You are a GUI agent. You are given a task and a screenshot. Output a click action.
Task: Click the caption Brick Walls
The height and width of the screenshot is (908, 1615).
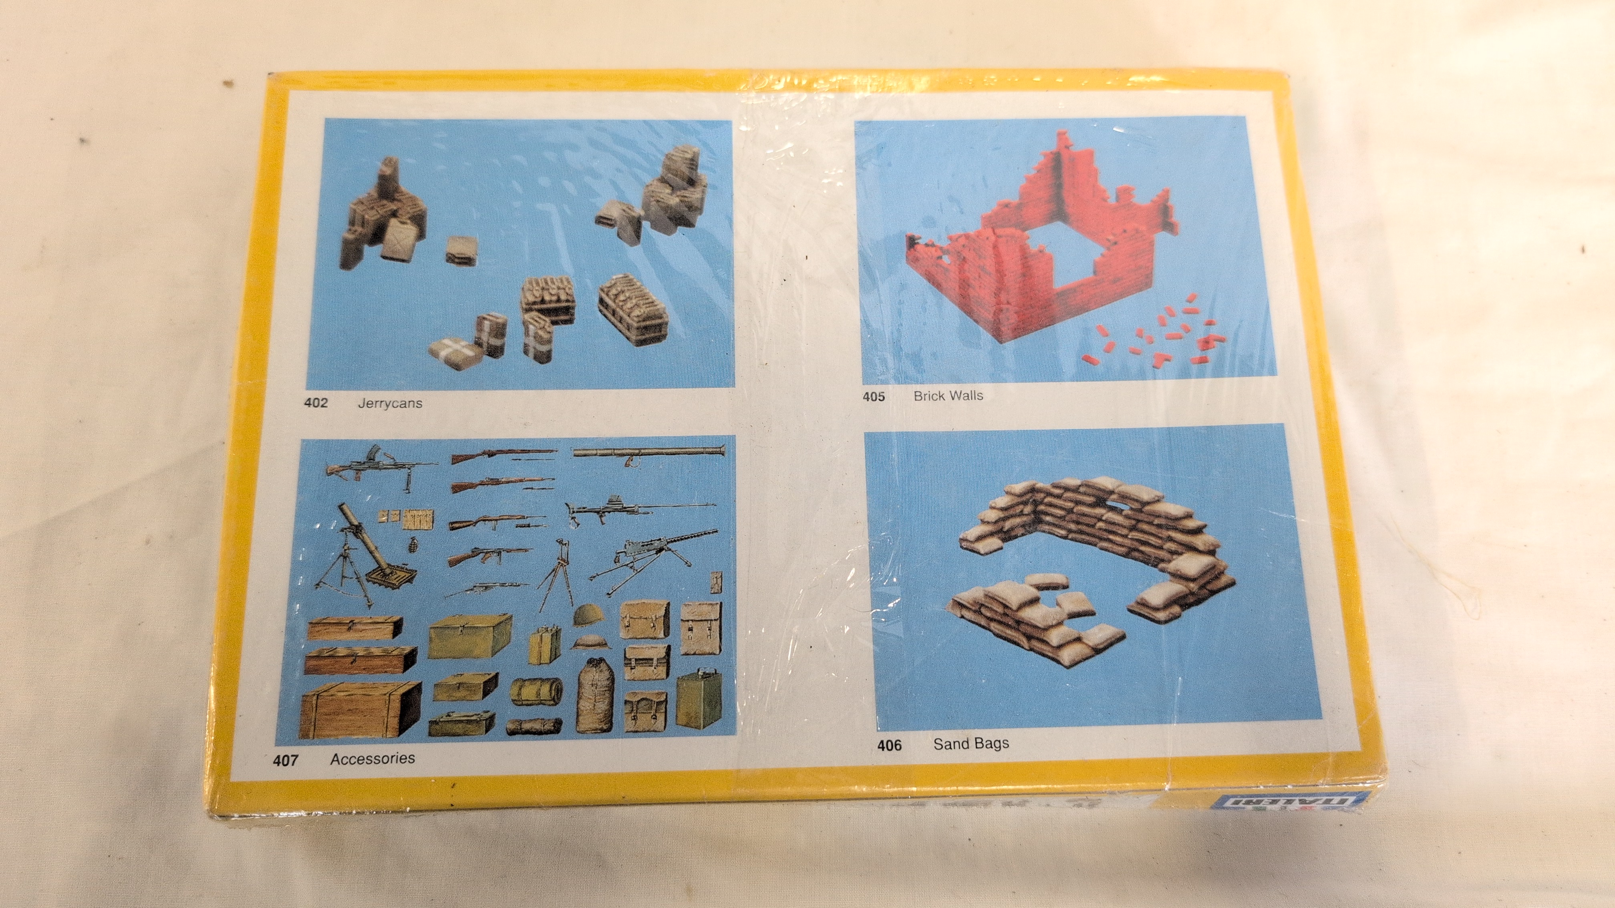coord(948,396)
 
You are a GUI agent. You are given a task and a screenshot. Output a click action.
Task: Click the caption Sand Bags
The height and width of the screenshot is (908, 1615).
coord(971,744)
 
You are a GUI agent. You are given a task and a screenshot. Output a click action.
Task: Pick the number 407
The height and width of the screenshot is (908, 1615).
coord(285,760)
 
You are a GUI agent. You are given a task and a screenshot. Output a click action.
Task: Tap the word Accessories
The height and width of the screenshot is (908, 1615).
coord(373,758)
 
